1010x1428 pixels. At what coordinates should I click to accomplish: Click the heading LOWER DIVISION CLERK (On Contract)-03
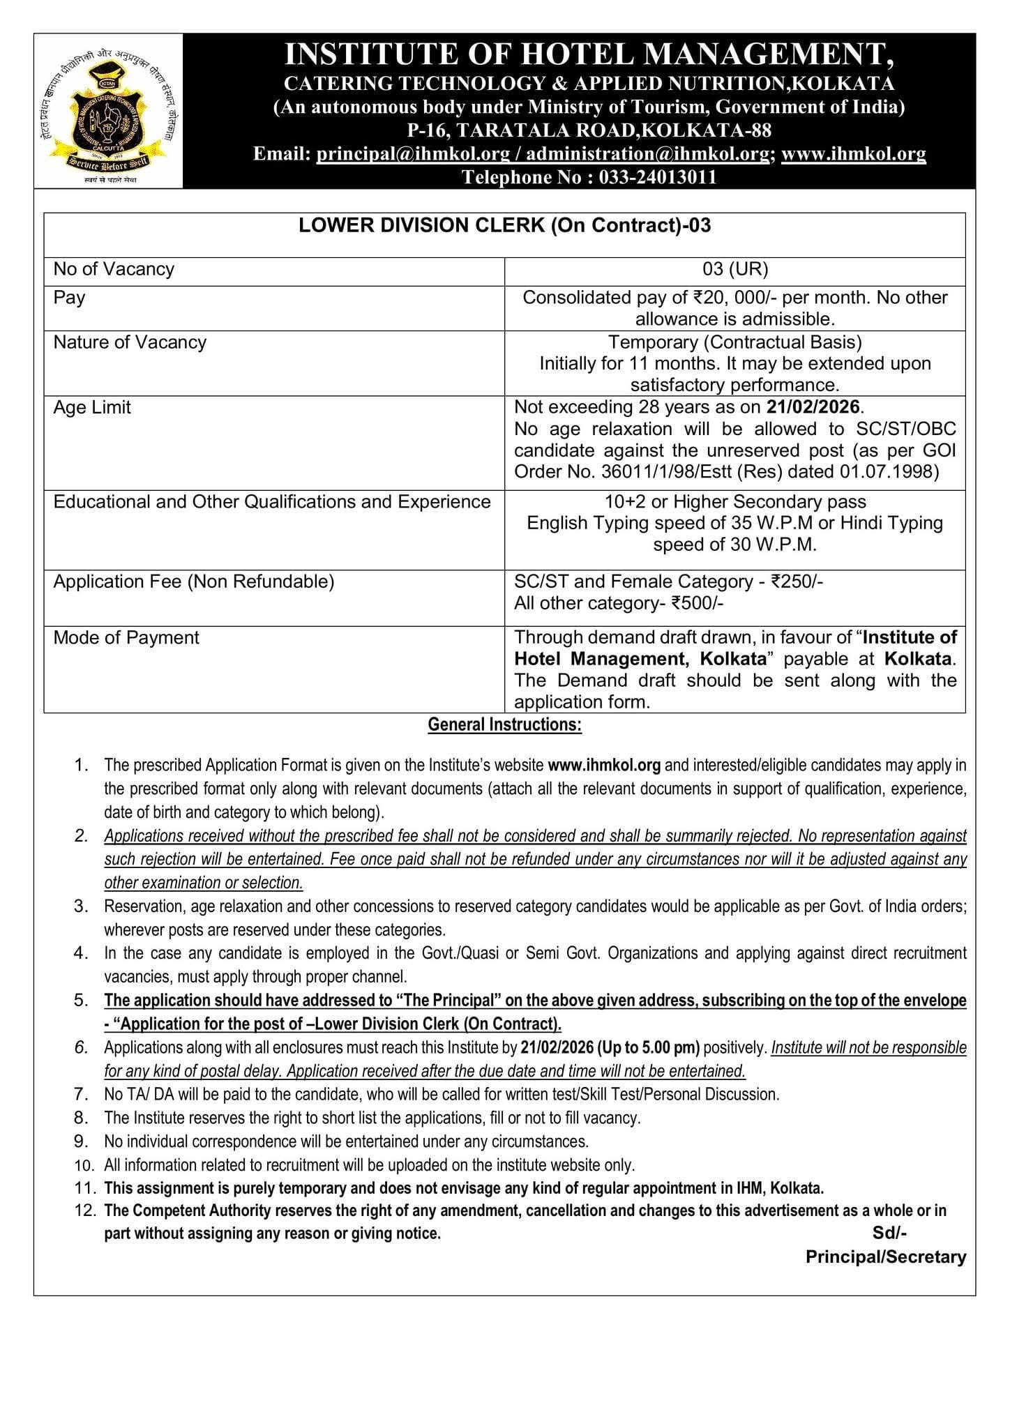pyautogui.click(x=504, y=225)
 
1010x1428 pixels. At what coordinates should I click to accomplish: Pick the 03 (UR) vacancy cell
pyautogui.click(x=734, y=269)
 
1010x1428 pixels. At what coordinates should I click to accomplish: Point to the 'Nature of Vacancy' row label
pyautogui.click(x=130, y=342)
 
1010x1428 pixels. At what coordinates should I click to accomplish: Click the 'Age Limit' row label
pyautogui.click(x=92, y=407)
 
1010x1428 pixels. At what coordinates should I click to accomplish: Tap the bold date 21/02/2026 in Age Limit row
pyautogui.click(x=813, y=407)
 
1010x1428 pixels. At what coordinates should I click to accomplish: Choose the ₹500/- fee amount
pyautogui.click(x=697, y=603)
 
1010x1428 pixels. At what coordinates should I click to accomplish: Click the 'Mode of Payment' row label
pyautogui.click(x=126, y=638)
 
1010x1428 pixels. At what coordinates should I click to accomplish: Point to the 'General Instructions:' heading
pyautogui.click(x=504, y=724)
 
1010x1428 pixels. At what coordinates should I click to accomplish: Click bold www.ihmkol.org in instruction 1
pyautogui.click(x=604, y=765)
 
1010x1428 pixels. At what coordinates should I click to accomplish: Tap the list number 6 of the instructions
pyautogui.click(x=82, y=1047)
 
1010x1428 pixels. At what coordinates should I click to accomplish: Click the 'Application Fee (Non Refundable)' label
pyautogui.click(x=194, y=582)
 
